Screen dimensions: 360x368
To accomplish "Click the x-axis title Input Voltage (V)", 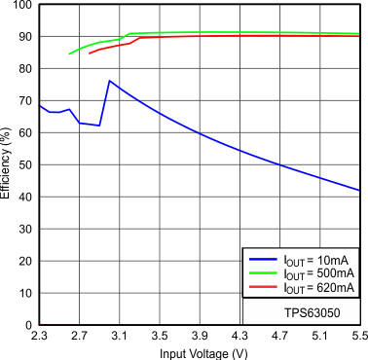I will coord(199,352).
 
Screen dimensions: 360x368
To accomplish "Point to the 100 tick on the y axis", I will coord(21,6).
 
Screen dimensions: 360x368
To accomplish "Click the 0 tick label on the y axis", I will coord(28,324).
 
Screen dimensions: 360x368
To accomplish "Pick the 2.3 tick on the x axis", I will coord(39,336).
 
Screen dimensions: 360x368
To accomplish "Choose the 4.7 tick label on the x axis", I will coord(279,336).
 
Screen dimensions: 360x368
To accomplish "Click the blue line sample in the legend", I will coord(262,260).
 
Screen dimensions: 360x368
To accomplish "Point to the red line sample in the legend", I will coord(262,287).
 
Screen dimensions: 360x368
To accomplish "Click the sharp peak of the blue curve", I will coord(109,81).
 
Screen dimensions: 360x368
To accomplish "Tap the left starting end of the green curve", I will coord(70,54).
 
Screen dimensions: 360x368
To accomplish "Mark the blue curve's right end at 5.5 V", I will coord(359,191).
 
